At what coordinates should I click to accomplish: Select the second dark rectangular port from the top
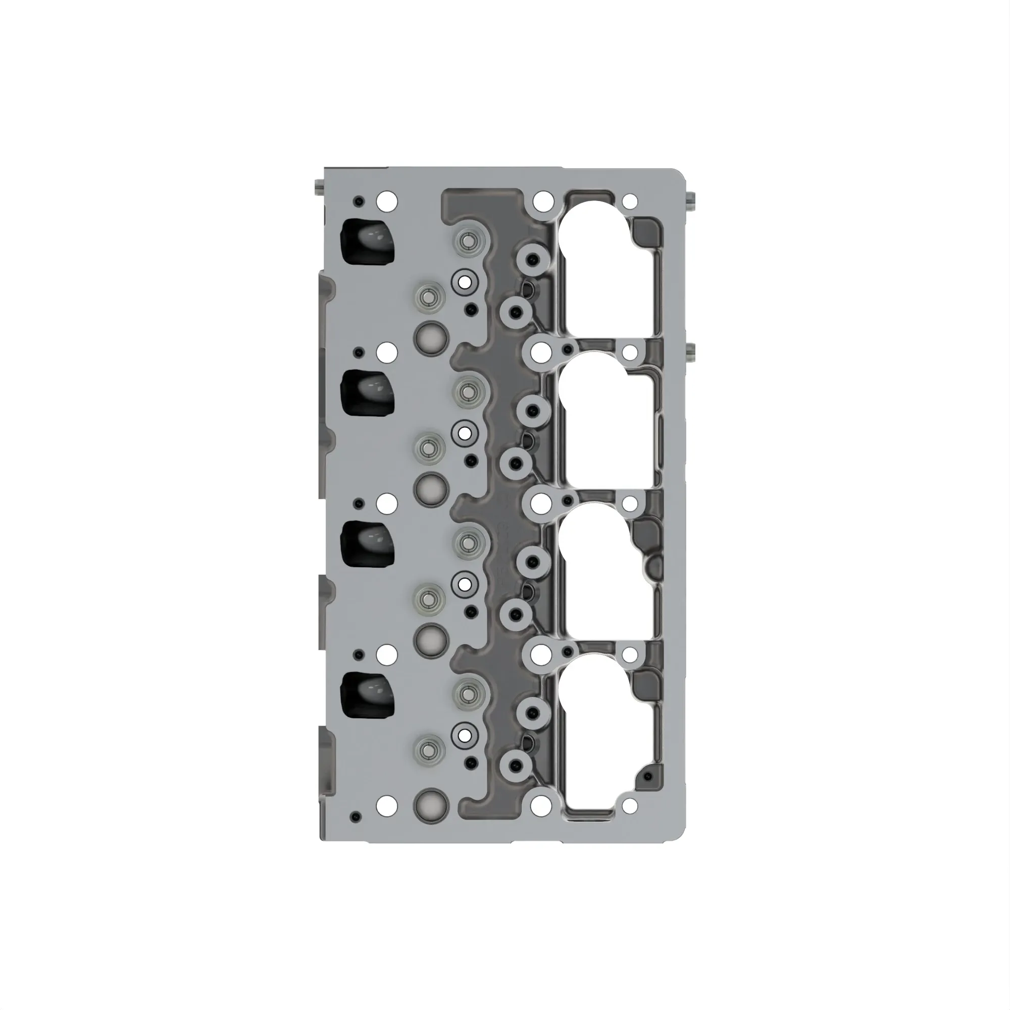tap(368, 392)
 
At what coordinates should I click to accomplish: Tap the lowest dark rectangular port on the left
tap(368, 694)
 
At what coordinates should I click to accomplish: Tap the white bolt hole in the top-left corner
tap(387, 201)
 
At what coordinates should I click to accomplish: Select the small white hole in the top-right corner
tap(630, 201)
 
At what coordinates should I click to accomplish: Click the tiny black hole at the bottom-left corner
tap(357, 817)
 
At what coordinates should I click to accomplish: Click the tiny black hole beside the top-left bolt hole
tap(358, 202)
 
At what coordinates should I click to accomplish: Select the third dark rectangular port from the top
tap(368, 544)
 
